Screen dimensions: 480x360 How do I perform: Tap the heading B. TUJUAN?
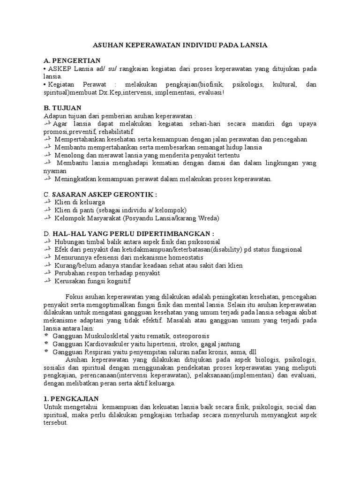click(x=62, y=107)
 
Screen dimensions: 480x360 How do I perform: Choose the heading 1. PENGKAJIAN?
click(x=71, y=398)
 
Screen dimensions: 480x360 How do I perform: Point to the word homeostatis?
click(x=183, y=257)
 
